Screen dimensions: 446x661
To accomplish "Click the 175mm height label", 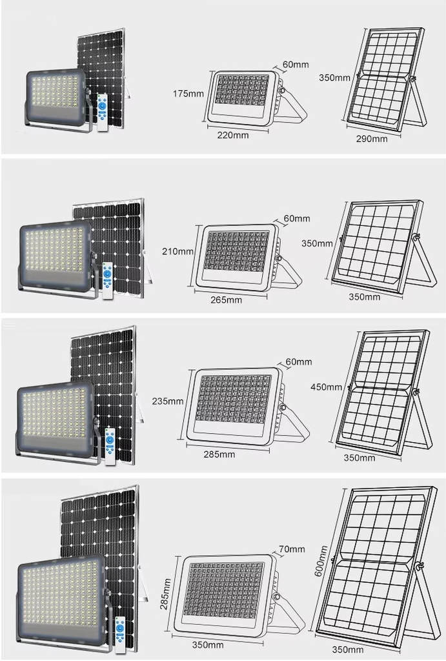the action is (x=188, y=94).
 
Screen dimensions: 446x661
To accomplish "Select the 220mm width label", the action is (x=233, y=136).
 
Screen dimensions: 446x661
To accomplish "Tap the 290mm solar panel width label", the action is (x=371, y=139).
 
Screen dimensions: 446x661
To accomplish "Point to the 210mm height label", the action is (x=178, y=252).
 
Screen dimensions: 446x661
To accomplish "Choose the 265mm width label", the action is (x=227, y=300).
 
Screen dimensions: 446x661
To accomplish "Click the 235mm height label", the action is (x=168, y=402).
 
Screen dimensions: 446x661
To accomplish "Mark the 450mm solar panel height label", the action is (x=327, y=387).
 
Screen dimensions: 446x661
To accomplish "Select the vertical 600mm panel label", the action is (x=321, y=561).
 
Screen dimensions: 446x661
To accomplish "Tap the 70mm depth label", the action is (x=292, y=549).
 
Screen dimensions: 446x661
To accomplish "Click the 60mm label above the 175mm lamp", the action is (x=296, y=65).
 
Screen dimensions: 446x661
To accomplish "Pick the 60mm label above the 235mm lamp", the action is (x=299, y=361).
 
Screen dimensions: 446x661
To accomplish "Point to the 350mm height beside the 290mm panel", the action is (x=334, y=77).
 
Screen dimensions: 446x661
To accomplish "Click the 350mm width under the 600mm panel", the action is (x=348, y=649).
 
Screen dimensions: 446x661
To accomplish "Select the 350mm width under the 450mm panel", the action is (x=359, y=458).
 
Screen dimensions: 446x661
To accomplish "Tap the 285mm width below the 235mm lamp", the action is (x=219, y=454).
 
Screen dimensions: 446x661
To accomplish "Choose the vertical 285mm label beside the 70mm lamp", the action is (x=165, y=594).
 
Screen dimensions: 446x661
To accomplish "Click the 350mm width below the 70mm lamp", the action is (x=208, y=645).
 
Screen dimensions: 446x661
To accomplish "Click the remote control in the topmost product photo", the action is (x=103, y=113).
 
